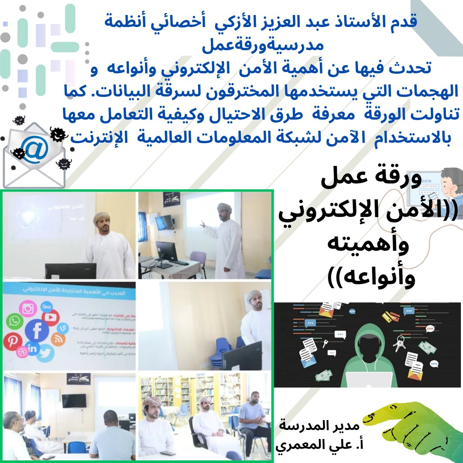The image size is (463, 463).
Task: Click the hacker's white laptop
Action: (369, 379)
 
